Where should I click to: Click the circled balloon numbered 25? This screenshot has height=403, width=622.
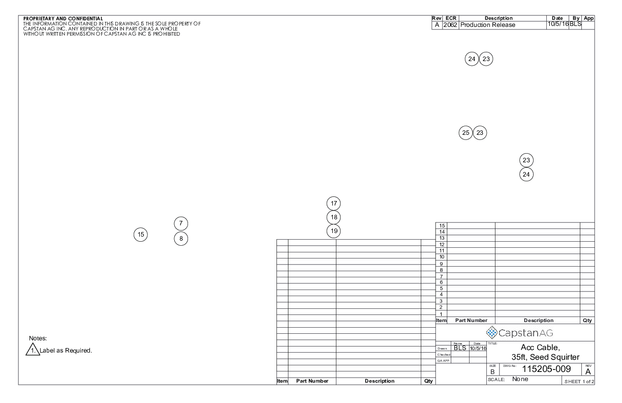point(465,133)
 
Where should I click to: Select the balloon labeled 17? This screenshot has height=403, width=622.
point(333,203)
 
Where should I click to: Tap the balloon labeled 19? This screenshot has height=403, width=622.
point(333,231)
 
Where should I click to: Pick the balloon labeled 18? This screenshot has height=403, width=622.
point(333,217)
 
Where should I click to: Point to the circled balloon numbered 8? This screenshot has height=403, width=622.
point(181,238)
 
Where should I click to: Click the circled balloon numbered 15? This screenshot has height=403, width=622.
point(141,235)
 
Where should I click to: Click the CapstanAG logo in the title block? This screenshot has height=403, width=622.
point(519,333)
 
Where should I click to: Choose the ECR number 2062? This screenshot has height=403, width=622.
point(450,25)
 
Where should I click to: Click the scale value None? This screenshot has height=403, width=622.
point(520,380)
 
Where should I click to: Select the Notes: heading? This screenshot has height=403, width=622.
point(38,338)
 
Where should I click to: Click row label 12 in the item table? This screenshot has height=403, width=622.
point(442,244)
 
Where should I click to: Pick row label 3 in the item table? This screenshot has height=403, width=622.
point(442,301)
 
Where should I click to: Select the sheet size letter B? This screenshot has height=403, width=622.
point(492,372)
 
